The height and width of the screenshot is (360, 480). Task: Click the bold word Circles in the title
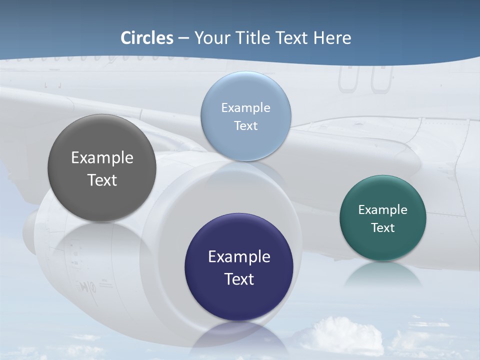147,38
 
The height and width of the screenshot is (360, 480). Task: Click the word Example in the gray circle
102,157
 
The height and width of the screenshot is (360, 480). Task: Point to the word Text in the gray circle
102,180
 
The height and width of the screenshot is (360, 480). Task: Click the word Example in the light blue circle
245,107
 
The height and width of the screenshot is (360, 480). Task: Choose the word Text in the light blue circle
245,125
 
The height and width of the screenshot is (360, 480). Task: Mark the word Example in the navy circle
239,256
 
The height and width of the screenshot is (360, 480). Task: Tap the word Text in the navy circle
239,279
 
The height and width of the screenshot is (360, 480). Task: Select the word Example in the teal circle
382,209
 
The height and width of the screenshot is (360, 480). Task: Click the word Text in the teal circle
382,227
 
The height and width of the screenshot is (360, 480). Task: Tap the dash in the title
183,38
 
